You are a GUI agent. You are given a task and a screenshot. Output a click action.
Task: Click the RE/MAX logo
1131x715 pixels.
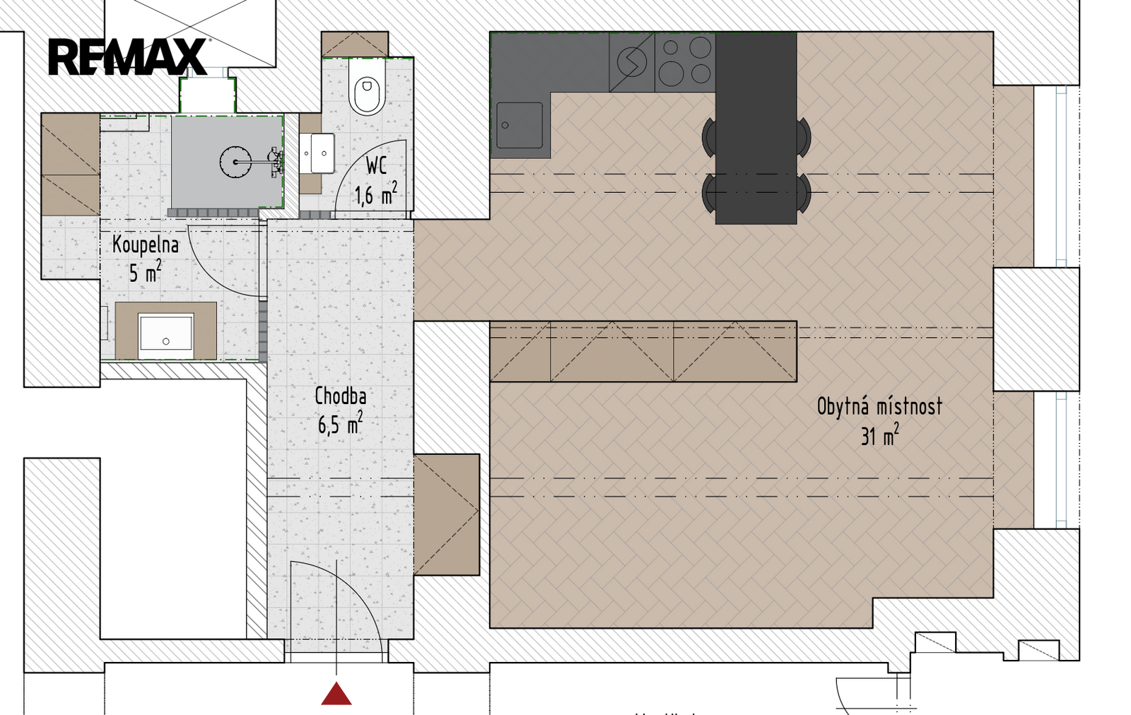[x=127, y=57]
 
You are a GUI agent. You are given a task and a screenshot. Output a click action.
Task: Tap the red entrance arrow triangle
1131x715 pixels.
[x=336, y=693]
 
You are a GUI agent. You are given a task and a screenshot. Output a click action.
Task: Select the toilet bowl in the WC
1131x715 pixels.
[x=367, y=89]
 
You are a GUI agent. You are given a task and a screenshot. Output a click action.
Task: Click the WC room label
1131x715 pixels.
[x=376, y=165]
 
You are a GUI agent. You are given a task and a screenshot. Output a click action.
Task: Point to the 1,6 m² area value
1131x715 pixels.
[x=375, y=194]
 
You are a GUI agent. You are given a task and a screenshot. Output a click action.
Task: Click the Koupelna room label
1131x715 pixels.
[x=146, y=244]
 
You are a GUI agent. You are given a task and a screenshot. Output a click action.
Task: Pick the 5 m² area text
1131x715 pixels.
[x=146, y=272]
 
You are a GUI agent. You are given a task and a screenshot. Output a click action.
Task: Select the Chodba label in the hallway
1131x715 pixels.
[x=341, y=396]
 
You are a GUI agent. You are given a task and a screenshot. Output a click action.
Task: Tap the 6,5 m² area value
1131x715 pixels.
[x=340, y=423]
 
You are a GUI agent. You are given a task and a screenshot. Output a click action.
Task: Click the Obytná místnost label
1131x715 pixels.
[x=879, y=406]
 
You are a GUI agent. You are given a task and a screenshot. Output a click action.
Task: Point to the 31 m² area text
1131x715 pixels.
[x=879, y=435]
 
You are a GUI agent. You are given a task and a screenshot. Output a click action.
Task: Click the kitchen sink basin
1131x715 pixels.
[x=520, y=126]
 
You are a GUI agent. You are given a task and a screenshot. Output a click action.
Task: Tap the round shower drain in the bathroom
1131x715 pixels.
[x=236, y=162]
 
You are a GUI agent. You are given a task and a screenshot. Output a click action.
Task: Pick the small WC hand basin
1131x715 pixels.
[x=317, y=153]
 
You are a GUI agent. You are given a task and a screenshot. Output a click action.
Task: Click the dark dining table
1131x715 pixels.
[x=756, y=129]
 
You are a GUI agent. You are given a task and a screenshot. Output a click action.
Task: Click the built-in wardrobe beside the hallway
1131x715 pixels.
[x=447, y=514]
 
